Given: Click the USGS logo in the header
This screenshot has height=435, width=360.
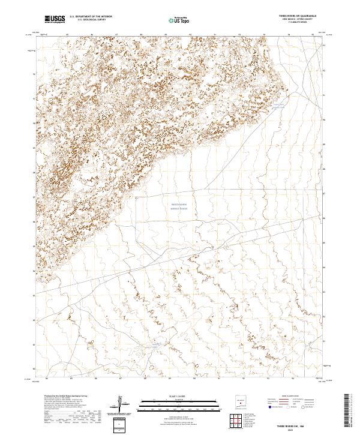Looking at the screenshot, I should [55, 20].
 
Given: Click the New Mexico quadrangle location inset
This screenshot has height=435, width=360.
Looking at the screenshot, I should [241, 403].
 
